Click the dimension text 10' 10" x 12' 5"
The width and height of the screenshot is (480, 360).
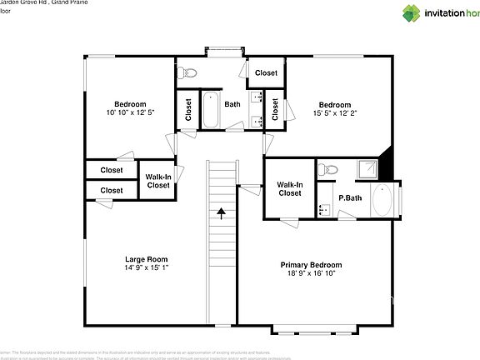tap(130, 112)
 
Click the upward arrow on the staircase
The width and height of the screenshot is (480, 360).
tap(221, 213)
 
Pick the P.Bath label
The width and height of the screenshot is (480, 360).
tap(349, 198)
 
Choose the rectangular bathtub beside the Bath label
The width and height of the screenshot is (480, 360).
tap(211, 110)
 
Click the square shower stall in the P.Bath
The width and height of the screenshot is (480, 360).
tap(366, 169)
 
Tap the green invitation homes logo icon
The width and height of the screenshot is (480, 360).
tap(412, 12)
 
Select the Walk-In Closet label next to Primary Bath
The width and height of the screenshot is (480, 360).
tap(289, 189)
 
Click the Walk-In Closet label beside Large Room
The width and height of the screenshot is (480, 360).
tap(157, 181)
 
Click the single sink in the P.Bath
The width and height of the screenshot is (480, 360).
tap(324, 209)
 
